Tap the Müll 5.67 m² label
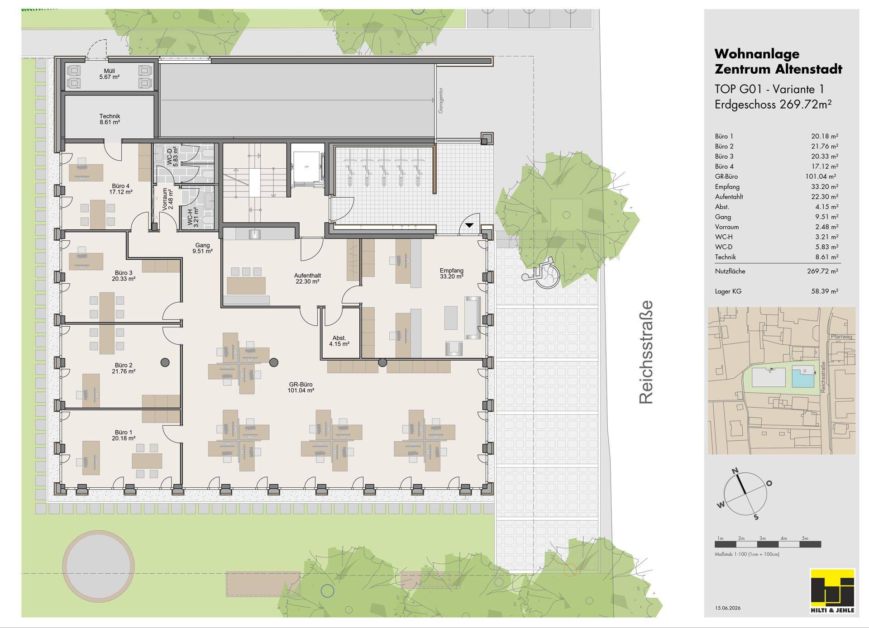point(110,74)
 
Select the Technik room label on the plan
point(110,119)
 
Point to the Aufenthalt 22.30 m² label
point(307,278)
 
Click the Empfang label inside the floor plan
point(451,273)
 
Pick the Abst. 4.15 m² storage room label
point(339,341)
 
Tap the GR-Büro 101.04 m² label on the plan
point(301,387)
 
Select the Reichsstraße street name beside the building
point(646,352)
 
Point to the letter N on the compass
point(735,471)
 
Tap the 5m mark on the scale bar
point(805,538)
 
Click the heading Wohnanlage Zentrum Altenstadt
point(778,62)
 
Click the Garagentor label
point(440,100)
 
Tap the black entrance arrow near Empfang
point(469,225)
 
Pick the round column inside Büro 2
point(165,362)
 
